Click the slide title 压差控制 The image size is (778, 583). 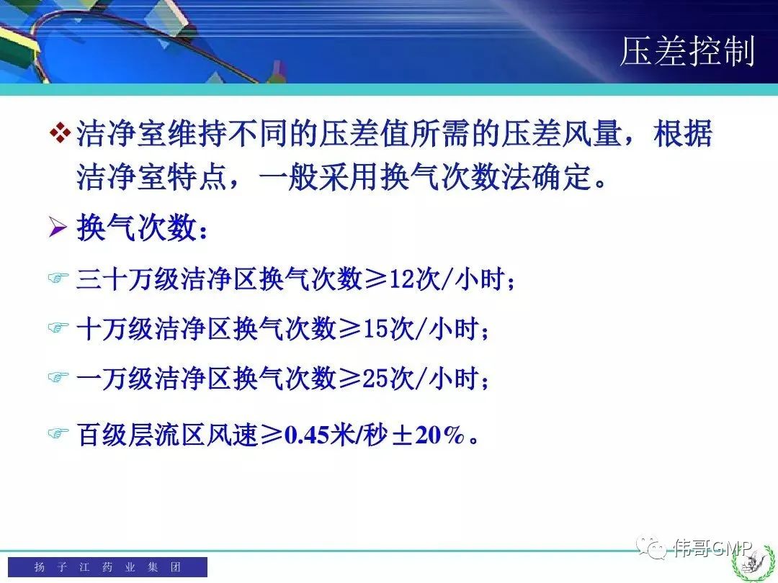tap(687, 51)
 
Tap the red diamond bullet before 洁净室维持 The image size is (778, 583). tap(61, 133)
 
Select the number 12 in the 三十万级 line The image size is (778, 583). tap(402, 279)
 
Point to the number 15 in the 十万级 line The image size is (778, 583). tap(375, 328)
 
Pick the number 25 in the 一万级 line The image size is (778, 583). tap(375, 378)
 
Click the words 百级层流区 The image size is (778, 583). tap(141, 435)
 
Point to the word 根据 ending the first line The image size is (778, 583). tap(683, 133)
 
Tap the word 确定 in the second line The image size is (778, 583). tap(562, 177)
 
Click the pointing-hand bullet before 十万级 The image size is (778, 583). tap(58, 327)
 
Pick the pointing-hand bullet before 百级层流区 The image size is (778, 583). tap(58, 434)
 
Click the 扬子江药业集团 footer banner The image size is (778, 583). tap(107, 566)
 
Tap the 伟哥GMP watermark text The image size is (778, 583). tap(712, 547)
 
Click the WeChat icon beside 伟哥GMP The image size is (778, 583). tap(652, 547)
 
